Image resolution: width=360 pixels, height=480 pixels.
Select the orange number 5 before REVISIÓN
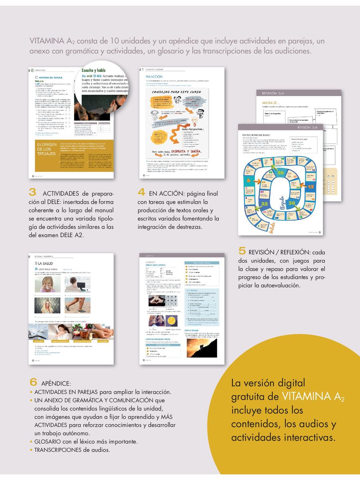(x=242, y=251)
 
